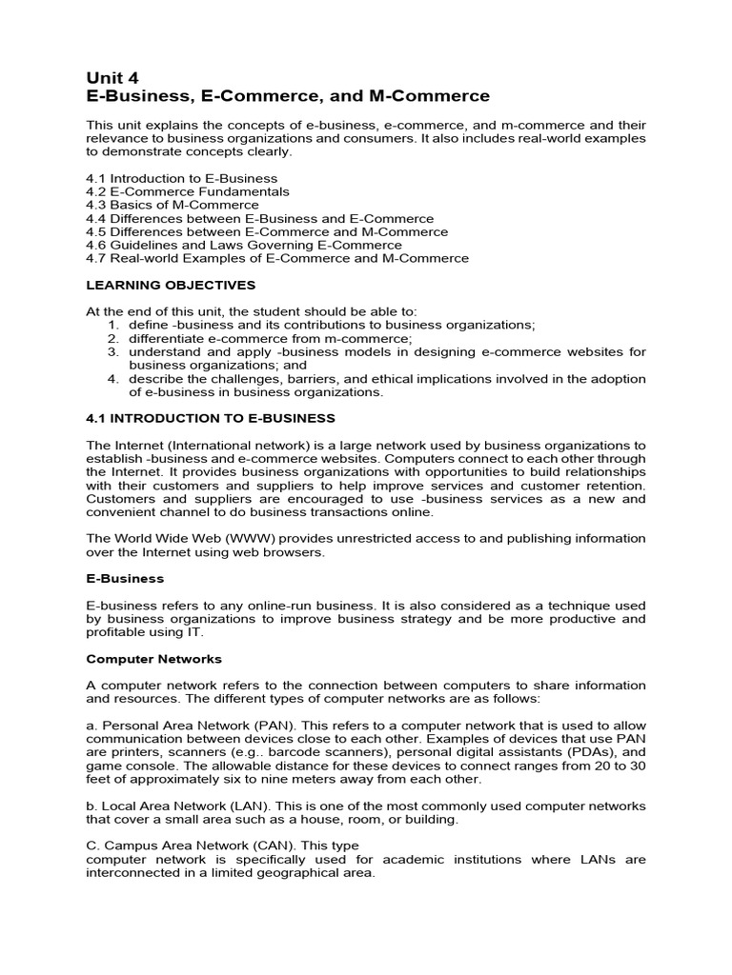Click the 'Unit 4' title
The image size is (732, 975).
click(112, 78)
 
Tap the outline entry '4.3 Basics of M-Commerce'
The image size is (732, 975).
click(173, 205)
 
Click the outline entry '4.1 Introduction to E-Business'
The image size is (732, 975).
click(182, 178)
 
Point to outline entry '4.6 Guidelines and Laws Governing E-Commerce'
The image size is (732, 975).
click(244, 245)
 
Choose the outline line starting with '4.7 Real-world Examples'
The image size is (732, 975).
click(277, 258)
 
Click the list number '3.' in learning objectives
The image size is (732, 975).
click(112, 351)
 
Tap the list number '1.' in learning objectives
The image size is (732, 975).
click(112, 325)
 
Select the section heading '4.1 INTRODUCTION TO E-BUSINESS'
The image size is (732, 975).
click(211, 418)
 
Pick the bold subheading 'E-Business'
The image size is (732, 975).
click(125, 578)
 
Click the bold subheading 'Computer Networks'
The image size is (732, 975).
click(153, 658)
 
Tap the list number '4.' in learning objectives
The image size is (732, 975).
click(112, 378)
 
